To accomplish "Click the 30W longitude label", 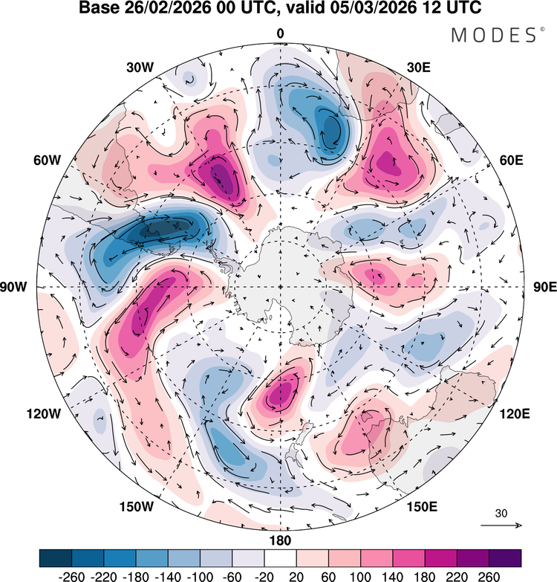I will tap(140, 67).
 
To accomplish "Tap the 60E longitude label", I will tap(509, 160).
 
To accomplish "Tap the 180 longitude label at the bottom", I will tap(281, 540).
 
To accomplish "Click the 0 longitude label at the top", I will tap(280, 33).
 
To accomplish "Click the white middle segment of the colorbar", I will tap(280, 557).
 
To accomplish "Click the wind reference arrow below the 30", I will tap(501, 525).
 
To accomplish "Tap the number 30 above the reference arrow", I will tap(501, 513).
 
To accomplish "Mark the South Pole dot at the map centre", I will tap(280, 287).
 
